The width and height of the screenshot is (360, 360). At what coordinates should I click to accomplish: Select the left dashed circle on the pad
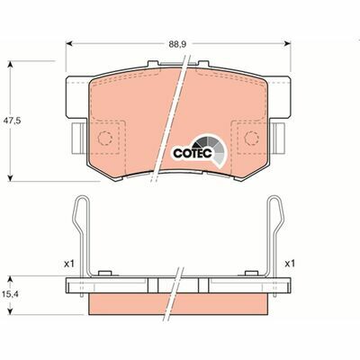click(x=107, y=138)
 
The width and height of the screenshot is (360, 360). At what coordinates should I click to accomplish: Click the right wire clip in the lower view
click(x=278, y=238)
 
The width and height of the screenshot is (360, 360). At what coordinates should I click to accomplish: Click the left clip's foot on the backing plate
click(x=105, y=272)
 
